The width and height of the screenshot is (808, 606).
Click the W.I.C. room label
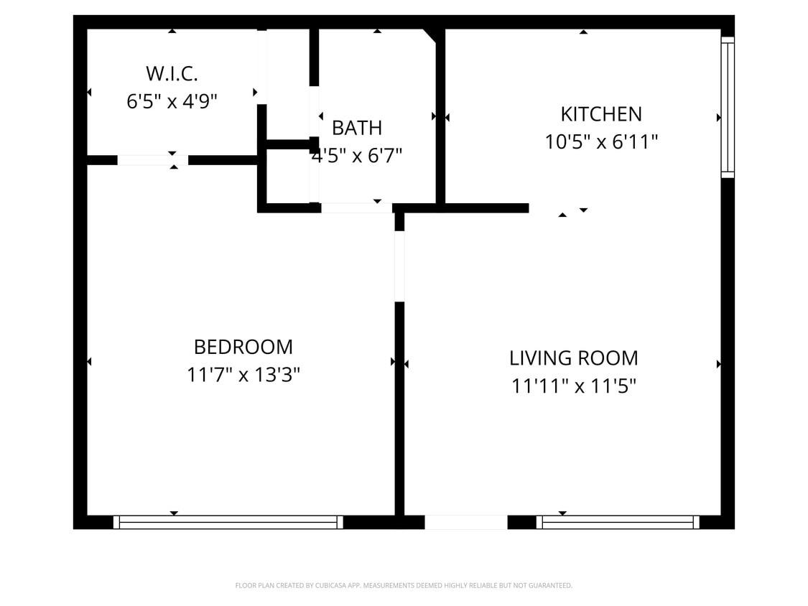172,73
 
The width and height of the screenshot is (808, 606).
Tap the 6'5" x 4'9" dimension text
172,101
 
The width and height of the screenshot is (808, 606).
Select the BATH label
357,128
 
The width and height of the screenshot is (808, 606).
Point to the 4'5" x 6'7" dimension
357,155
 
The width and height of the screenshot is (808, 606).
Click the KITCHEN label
601,114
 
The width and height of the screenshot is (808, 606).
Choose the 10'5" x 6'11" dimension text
601,142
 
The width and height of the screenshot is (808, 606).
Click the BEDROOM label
243,347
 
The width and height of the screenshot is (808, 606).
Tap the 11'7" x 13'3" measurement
243,375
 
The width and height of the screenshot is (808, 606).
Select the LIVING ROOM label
573,358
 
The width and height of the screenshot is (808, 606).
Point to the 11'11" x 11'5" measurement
573,386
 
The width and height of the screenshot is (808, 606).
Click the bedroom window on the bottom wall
228,522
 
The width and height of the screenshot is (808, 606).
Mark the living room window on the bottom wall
618,522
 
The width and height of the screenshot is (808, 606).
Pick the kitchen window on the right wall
728,107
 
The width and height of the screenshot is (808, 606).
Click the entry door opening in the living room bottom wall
466,522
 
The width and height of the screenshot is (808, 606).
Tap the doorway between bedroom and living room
399,266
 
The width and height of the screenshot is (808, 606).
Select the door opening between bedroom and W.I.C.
152,160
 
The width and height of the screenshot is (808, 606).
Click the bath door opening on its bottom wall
356,208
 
